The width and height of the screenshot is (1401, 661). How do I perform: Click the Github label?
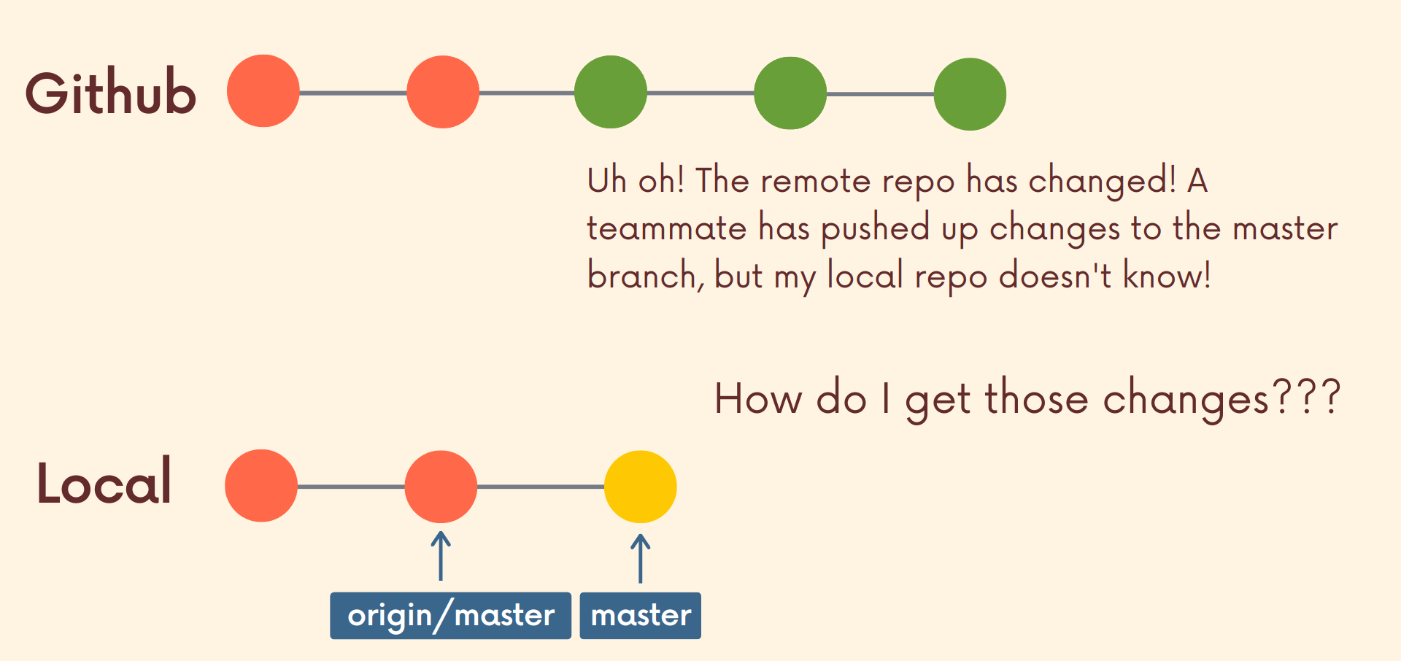pos(111,93)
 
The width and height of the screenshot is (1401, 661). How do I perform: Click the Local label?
pos(104,482)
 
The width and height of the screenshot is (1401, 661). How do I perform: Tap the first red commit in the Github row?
pos(263,91)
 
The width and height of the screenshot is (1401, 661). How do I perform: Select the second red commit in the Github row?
pos(443,92)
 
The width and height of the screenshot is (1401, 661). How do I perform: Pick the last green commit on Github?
pos(970,94)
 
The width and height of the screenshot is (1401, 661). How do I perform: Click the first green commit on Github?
pos(611,92)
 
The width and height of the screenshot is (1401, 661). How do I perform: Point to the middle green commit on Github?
pos(790,93)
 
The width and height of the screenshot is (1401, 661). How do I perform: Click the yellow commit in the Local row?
pos(640,487)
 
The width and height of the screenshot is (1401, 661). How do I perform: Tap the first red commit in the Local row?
pos(261,486)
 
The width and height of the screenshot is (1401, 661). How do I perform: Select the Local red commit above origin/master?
pos(441,487)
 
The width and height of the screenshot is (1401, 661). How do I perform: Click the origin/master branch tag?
pos(450,616)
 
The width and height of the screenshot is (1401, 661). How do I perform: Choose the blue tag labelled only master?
pos(640,616)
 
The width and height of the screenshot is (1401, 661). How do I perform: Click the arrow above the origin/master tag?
pos(440,556)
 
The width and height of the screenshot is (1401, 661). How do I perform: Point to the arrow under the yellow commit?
pos(640,558)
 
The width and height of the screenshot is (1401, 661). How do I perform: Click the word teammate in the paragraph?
pos(666,228)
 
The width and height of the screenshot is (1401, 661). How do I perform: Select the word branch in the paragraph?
pos(642,276)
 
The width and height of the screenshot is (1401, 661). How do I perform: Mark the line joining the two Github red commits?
pos(353,93)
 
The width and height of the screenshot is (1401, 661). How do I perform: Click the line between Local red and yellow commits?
pos(540,487)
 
